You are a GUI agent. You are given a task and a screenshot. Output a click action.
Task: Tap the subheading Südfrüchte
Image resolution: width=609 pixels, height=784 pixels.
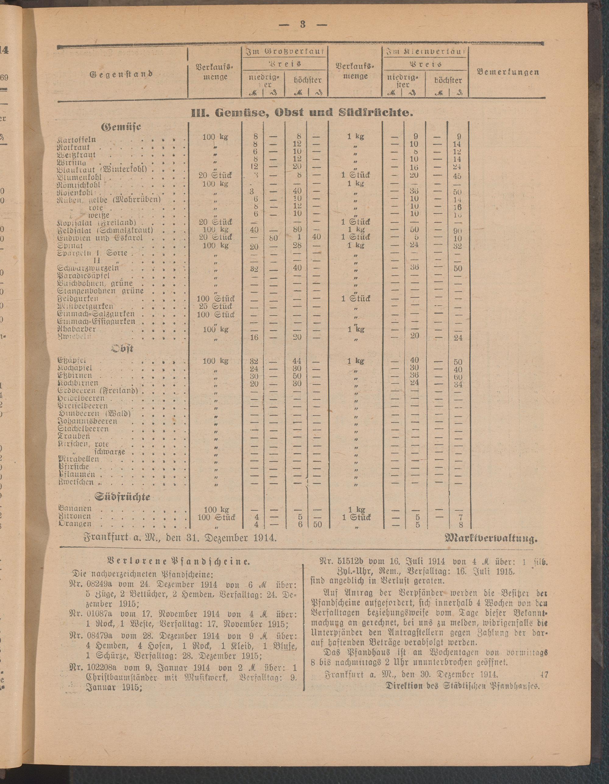pyautogui.click(x=122, y=497)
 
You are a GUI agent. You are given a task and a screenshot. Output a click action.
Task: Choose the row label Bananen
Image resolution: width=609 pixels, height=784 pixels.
pyautogui.click(x=75, y=509)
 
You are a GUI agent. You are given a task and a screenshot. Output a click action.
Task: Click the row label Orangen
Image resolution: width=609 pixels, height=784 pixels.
pyautogui.click(x=74, y=524)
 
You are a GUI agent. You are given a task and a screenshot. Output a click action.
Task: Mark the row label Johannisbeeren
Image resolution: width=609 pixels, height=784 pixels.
pyautogui.click(x=88, y=421)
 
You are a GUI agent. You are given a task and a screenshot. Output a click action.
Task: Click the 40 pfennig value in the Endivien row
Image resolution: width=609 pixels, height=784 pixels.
pyautogui.click(x=317, y=237)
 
